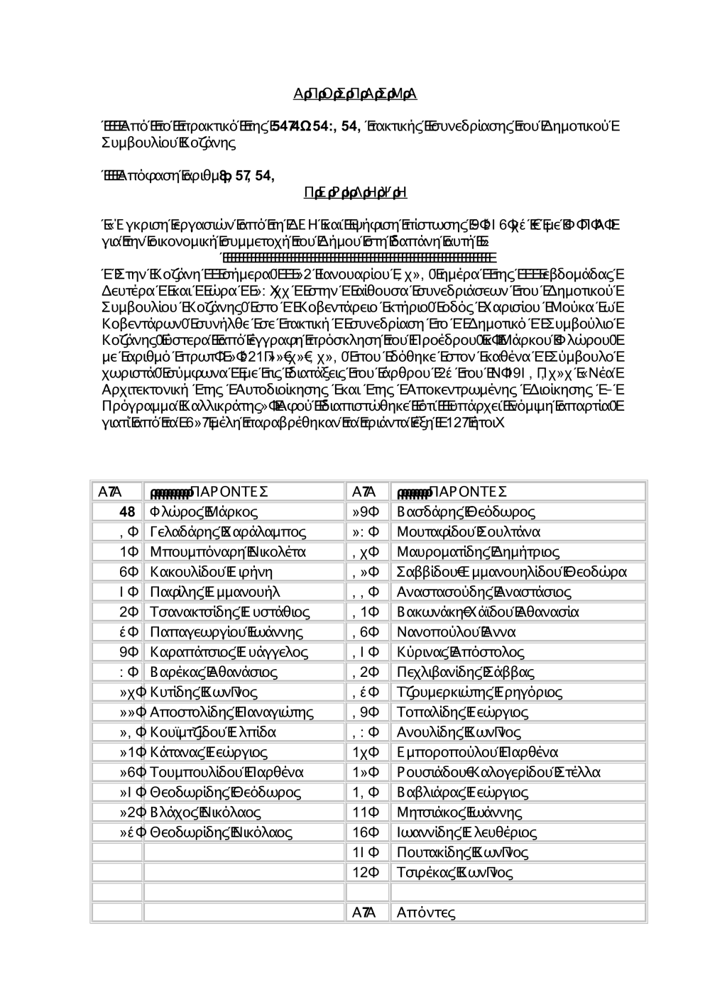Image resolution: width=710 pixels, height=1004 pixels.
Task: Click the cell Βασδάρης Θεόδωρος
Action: (x=466, y=512)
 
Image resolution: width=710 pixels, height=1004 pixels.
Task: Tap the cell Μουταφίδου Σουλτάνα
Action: (x=469, y=531)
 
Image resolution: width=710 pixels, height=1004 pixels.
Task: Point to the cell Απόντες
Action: (x=426, y=912)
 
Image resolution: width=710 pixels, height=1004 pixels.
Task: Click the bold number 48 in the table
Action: (x=128, y=512)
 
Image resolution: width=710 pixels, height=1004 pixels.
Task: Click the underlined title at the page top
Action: (x=354, y=94)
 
